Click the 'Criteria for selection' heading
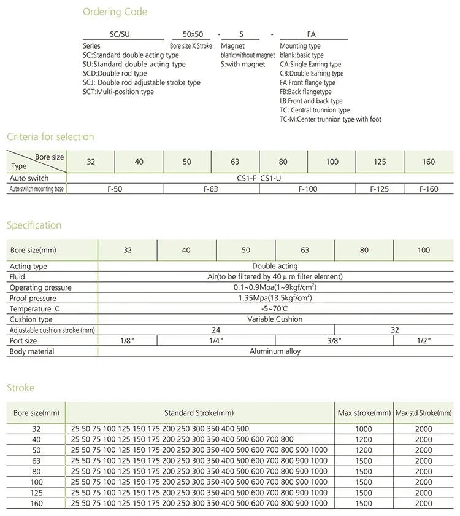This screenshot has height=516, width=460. pyautogui.click(x=50, y=136)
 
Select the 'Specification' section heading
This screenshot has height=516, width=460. pyautogui.click(x=34, y=225)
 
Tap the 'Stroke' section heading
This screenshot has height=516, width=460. pyautogui.click(x=20, y=388)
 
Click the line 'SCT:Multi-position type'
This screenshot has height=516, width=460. pyautogui.click(x=118, y=92)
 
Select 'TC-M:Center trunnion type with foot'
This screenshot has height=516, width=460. pyautogui.click(x=330, y=119)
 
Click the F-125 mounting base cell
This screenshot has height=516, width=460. pyautogui.click(x=380, y=189)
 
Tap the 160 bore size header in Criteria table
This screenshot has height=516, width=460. pyautogui.click(x=429, y=162)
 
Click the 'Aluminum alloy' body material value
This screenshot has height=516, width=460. pyautogui.click(x=275, y=351)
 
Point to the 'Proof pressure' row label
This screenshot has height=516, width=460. pyautogui.click(x=33, y=299)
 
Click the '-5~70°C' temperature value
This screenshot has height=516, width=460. pyautogui.click(x=275, y=309)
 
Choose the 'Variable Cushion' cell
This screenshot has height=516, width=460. pyautogui.click(x=275, y=319)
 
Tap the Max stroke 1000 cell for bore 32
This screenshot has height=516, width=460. pyautogui.click(x=364, y=429)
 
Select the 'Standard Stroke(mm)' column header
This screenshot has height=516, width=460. pyautogui.click(x=199, y=413)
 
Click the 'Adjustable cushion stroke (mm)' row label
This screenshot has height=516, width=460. pyautogui.click(x=52, y=330)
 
